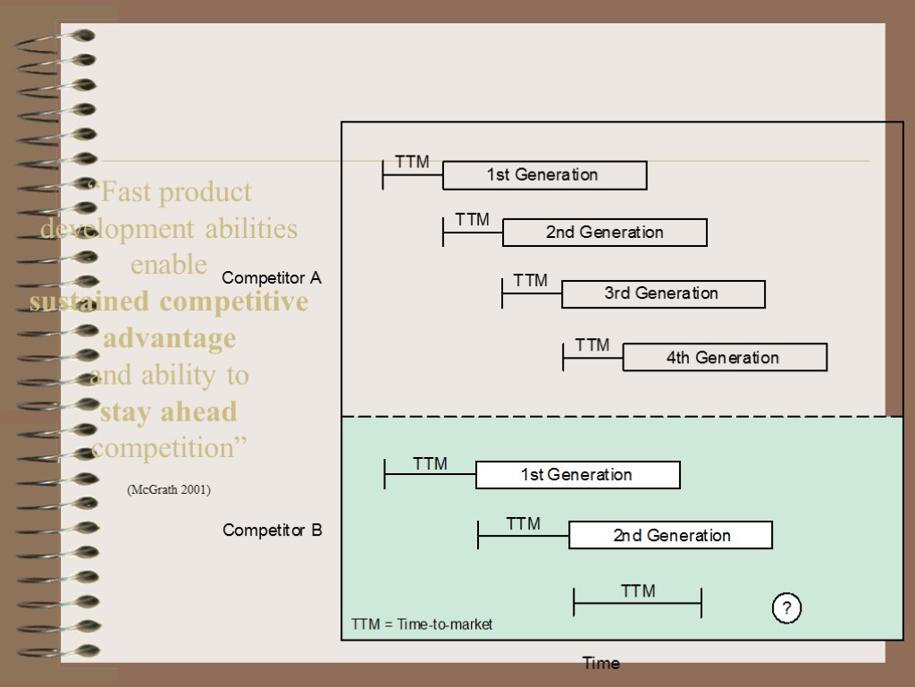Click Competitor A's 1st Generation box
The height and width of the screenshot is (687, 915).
pyautogui.click(x=544, y=175)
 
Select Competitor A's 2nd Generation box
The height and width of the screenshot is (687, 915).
pyautogui.click(x=604, y=233)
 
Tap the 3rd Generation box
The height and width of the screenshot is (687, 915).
pyautogui.click(x=662, y=293)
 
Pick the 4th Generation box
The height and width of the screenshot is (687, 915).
pyautogui.click(x=724, y=358)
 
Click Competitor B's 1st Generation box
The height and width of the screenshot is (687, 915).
pyautogui.click(x=577, y=475)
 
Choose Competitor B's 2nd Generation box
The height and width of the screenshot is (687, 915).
pyautogui.click(x=670, y=536)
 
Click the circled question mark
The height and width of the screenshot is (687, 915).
pyautogui.click(x=786, y=609)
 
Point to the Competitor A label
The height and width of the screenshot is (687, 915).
pyautogui.click(x=272, y=278)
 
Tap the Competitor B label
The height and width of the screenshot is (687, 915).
pyautogui.click(x=273, y=530)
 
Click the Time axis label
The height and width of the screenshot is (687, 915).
pyautogui.click(x=600, y=663)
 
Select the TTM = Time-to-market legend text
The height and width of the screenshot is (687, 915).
pyautogui.click(x=422, y=624)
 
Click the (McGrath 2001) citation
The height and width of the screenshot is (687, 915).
pyautogui.click(x=169, y=489)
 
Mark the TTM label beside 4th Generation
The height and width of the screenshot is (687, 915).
pyautogui.click(x=592, y=345)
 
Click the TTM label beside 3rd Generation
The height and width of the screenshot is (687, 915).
pyautogui.click(x=531, y=281)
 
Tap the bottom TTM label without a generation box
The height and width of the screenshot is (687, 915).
pyautogui.click(x=638, y=591)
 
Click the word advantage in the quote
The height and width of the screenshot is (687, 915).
pyautogui.click(x=169, y=339)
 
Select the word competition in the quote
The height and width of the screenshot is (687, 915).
pyautogui.click(x=169, y=447)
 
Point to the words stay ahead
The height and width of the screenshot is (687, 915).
pyautogui.click(x=169, y=412)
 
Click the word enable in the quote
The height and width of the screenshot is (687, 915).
pyautogui.click(x=169, y=265)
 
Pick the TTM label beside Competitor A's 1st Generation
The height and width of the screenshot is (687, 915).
pyautogui.click(x=412, y=162)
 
